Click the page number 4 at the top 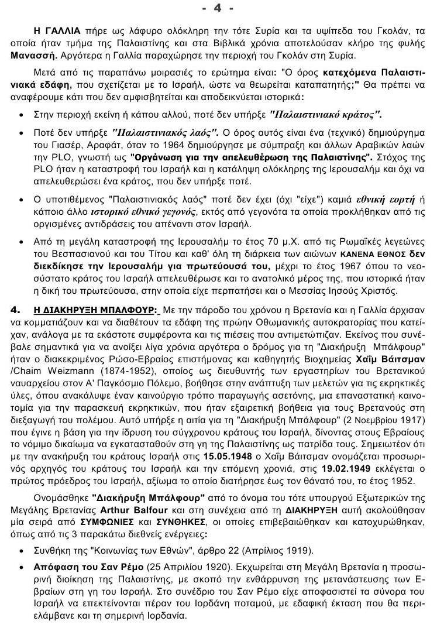coord(217,8)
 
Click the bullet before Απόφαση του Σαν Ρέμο coord(23,566)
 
